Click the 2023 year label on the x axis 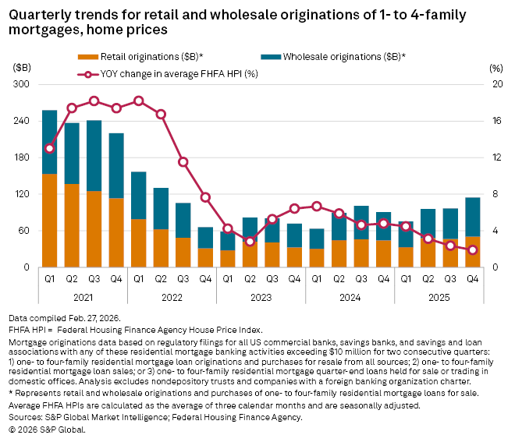(x=261, y=297)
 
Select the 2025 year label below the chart (x=439, y=297)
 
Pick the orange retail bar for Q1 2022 (x=138, y=243)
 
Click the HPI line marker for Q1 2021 (x=49, y=148)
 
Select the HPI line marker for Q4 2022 (x=205, y=197)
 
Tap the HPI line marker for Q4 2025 (x=472, y=249)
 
